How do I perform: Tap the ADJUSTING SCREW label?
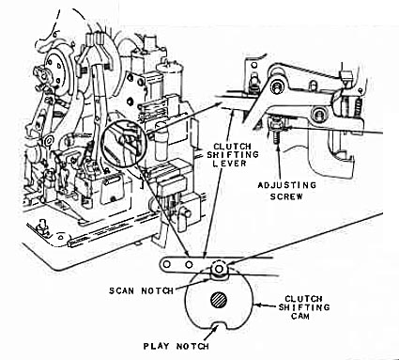[x=286, y=191]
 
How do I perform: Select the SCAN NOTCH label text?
[x=141, y=290]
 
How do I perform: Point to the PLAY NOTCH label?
[x=176, y=346]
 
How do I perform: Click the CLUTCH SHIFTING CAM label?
[x=304, y=307]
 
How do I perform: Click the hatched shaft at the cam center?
[x=219, y=300]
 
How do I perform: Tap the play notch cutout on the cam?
[x=219, y=326]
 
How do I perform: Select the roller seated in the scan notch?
[x=219, y=269]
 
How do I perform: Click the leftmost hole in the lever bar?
[x=167, y=264]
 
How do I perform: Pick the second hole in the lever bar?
[x=189, y=264]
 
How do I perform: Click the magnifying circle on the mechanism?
[x=124, y=142]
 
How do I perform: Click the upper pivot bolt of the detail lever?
[x=277, y=86]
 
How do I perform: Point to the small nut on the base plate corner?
[x=40, y=227]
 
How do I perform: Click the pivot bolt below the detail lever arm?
[x=319, y=113]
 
